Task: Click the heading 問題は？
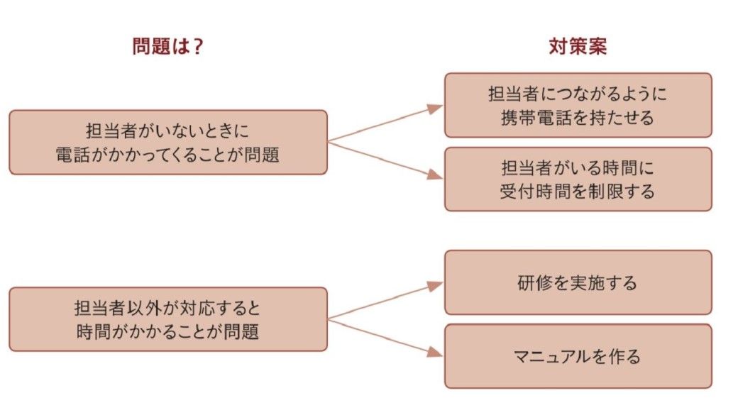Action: tap(168, 46)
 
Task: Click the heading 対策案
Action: tap(578, 46)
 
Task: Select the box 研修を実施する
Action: tap(578, 282)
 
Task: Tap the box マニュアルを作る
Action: tap(578, 356)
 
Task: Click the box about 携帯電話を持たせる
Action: tap(578, 105)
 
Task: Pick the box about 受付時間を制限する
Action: tap(578, 179)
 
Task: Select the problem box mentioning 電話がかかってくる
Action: tap(168, 142)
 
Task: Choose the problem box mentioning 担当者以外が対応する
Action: tap(168, 319)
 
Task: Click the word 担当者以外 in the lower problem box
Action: tap(116, 309)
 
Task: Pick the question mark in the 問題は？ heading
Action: tap(198, 46)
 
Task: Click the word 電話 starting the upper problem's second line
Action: tap(71, 155)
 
